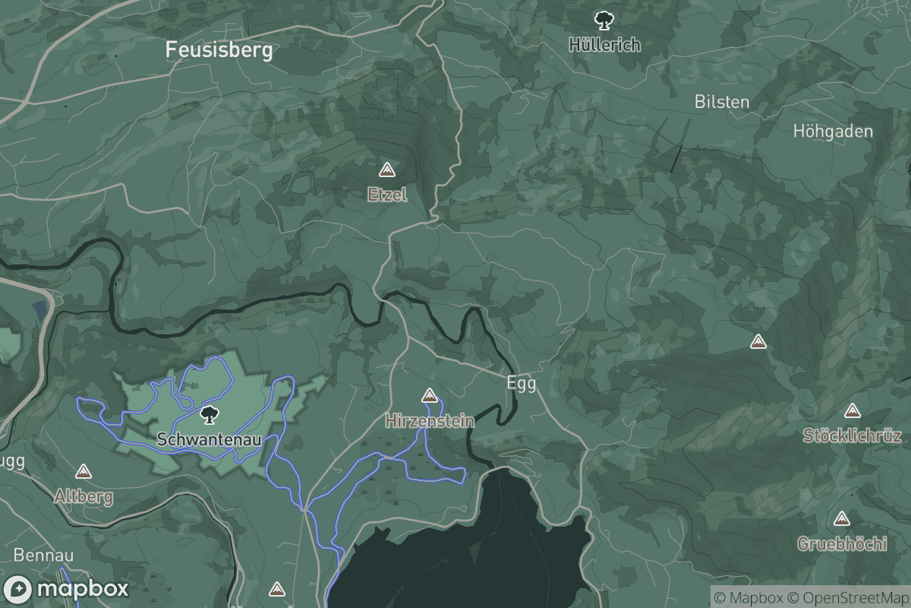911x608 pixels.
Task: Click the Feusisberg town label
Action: click(219, 51)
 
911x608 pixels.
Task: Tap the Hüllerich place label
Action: click(605, 45)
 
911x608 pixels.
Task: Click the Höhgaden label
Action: click(833, 131)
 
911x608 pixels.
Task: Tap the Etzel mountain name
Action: click(387, 195)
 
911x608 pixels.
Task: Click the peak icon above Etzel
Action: click(387, 169)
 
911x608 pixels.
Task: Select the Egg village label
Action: click(522, 383)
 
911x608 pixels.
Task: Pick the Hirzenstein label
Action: click(430, 420)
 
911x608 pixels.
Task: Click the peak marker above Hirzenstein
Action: click(430, 395)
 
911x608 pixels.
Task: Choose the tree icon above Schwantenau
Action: click(208, 415)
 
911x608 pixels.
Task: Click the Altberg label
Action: click(84, 497)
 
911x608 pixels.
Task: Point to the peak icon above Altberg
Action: click(84, 472)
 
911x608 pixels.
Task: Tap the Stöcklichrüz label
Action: click(853, 435)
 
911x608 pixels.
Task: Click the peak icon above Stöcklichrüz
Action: click(852, 410)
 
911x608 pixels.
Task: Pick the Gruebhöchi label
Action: click(842, 544)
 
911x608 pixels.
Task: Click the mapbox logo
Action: click(67, 589)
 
